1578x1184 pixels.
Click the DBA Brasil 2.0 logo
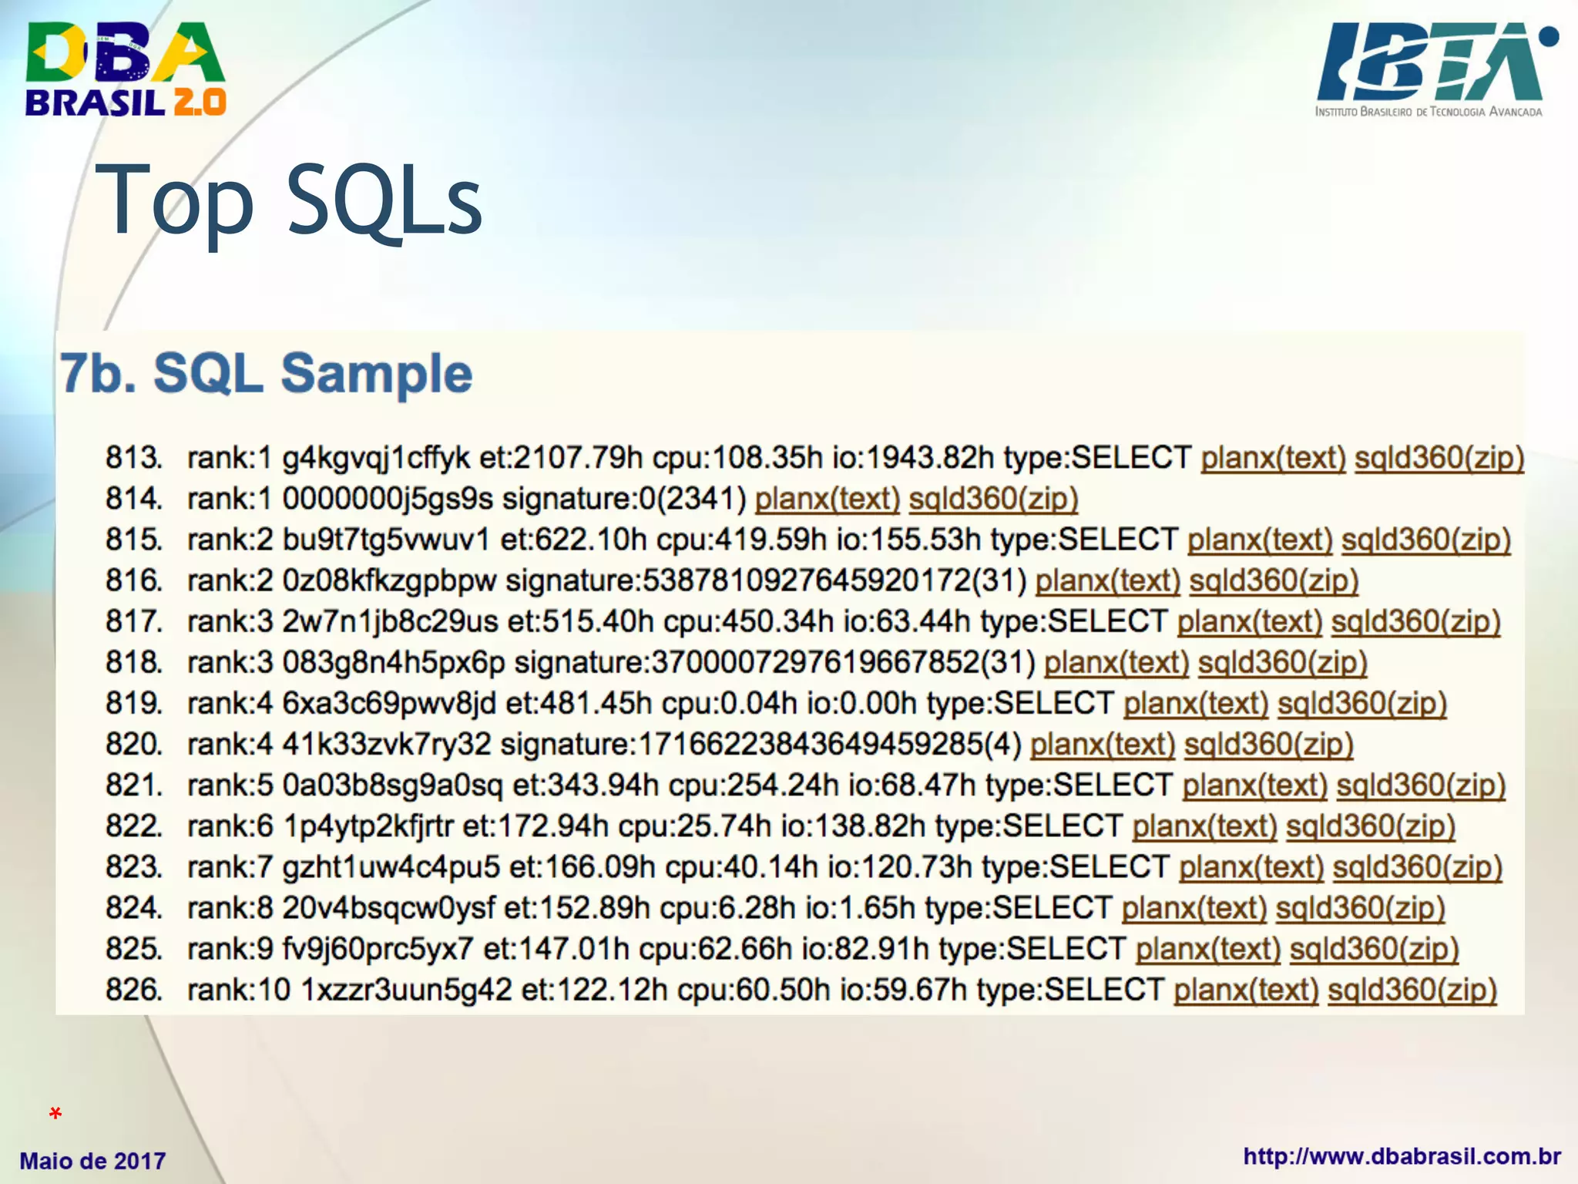pyautogui.click(x=126, y=69)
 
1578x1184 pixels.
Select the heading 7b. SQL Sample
pyautogui.click(x=266, y=374)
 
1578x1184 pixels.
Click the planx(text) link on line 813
pyautogui.click(x=1273, y=458)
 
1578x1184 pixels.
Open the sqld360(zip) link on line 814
pyautogui.click(x=993, y=499)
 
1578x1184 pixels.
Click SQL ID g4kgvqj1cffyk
pyautogui.click(x=376, y=458)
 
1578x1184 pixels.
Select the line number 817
pyautogui.click(x=133, y=621)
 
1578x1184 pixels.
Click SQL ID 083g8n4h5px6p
pyautogui.click(x=394, y=662)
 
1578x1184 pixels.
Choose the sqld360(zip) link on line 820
pyautogui.click(x=1268, y=744)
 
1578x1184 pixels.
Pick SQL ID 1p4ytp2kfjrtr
pyautogui.click(x=368, y=826)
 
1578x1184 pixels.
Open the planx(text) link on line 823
pyautogui.click(x=1251, y=866)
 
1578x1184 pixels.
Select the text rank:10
pyautogui.click(x=239, y=989)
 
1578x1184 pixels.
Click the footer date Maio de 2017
pyautogui.click(x=92, y=1160)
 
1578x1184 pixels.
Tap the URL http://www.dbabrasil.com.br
pyautogui.click(x=1402, y=1156)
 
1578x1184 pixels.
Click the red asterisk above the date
pyautogui.click(x=55, y=1114)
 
